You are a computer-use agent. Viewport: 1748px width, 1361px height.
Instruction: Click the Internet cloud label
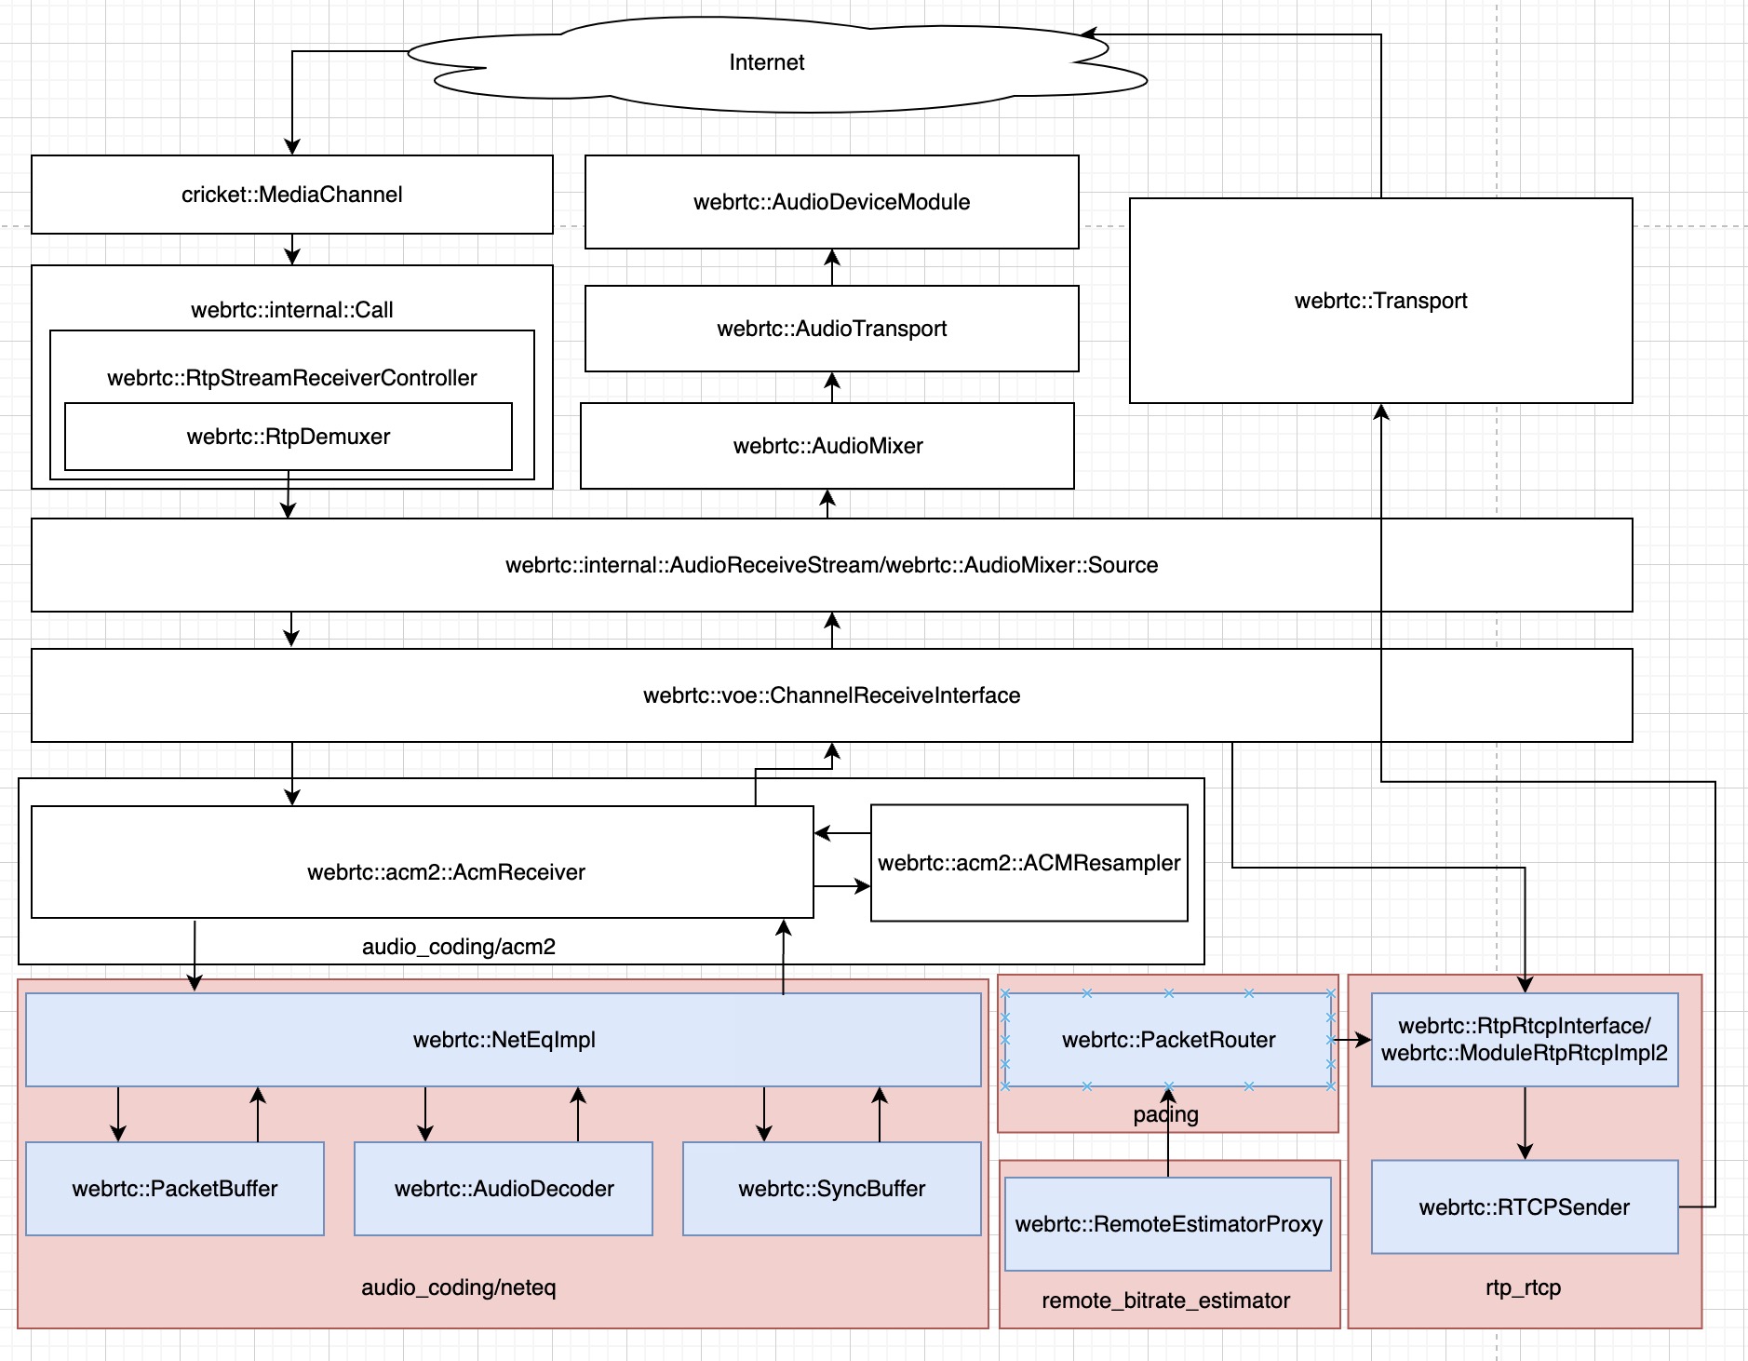pos(766,62)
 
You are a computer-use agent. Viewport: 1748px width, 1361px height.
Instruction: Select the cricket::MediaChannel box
pos(291,195)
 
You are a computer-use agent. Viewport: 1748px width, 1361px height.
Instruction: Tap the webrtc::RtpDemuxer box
pos(288,437)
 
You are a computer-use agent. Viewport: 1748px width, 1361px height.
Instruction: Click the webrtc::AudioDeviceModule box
pos(831,202)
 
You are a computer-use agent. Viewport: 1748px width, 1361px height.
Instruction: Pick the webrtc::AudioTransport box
pos(831,329)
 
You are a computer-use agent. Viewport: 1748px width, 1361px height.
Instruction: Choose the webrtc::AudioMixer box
pos(827,446)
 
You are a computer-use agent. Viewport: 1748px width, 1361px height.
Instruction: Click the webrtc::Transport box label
pos(1379,301)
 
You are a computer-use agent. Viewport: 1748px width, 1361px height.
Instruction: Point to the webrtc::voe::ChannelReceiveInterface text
pos(831,695)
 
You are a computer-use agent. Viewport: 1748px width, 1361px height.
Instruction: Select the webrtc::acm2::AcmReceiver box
pos(446,872)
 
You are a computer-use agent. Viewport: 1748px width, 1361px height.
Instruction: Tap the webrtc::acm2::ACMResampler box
pos(1029,863)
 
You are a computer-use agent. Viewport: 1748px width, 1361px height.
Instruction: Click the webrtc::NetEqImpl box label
pos(504,1040)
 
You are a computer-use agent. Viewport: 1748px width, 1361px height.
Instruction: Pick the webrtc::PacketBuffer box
pos(175,1189)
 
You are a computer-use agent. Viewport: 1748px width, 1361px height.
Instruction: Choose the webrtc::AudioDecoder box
pos(504,1189)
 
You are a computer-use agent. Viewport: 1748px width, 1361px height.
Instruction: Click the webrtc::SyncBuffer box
pos(831,1189)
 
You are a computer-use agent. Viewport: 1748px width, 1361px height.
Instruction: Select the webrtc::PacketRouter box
pos(1168,1040)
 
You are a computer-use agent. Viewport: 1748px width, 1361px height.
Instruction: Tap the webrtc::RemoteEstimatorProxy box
pos(1168,1224)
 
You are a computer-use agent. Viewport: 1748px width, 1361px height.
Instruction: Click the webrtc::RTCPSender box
pos(1524,1207)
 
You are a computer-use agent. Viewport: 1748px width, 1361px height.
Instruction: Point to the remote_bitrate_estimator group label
pos(1165,1300)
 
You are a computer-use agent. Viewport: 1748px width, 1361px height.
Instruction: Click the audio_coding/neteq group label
pos(458,1287)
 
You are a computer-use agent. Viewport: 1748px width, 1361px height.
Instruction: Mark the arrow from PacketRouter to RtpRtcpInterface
pos(1351,1040)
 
